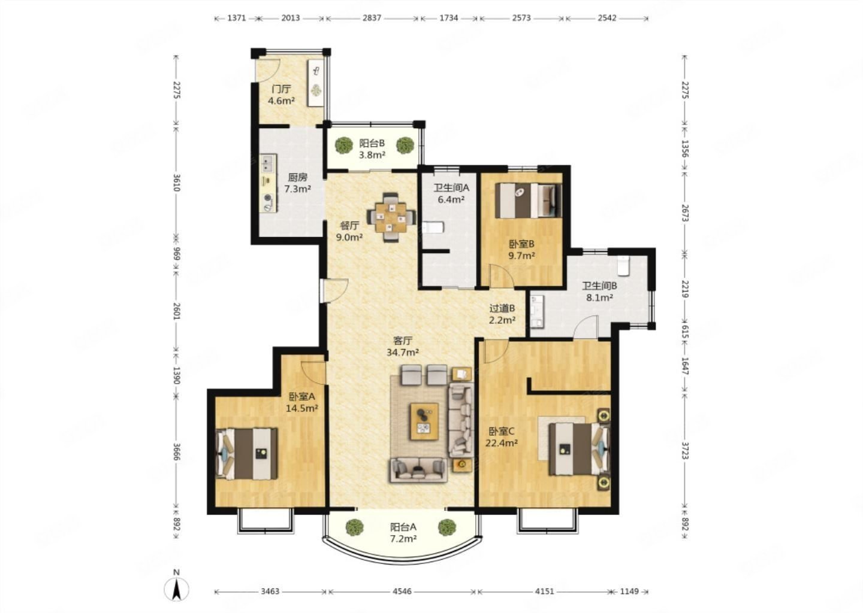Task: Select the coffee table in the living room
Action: (424, 421)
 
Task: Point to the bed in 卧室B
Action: (528, 200)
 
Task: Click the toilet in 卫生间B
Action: (623, 266)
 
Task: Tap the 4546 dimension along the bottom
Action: (402, 591)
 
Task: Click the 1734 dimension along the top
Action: (449, 18)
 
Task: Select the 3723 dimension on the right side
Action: (684, 450)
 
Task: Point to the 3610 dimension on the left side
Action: (176, 183)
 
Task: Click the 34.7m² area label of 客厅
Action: (403, 352)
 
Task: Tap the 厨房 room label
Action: (298, 177)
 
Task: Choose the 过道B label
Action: (502, 308)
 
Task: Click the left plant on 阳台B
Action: (343, 145)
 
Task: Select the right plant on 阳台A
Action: (447, 527)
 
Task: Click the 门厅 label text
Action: (281, 89)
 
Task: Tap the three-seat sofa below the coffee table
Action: (419, 471)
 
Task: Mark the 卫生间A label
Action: (451, 188)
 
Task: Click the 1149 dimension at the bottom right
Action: (629, 591)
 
